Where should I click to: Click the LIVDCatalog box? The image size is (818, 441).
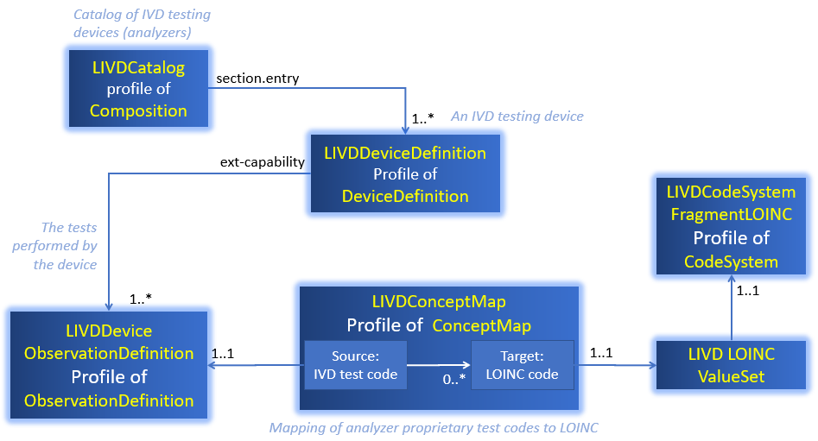point(138,88)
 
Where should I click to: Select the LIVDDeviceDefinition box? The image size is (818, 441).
point(405,174)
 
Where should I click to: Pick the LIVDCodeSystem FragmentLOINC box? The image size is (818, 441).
point(731,224)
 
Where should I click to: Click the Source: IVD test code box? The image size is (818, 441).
point(355,365)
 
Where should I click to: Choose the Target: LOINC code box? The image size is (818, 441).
point(522,365)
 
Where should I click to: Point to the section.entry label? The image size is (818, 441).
point(257,79)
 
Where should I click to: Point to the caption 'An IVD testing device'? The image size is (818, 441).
point(517,116)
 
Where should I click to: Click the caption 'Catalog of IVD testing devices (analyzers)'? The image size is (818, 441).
point(142,23)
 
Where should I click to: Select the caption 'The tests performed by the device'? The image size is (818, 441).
point(55,246)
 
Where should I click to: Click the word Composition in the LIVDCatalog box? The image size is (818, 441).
point(138,110)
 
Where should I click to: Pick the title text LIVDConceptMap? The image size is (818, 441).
point(439,302)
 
